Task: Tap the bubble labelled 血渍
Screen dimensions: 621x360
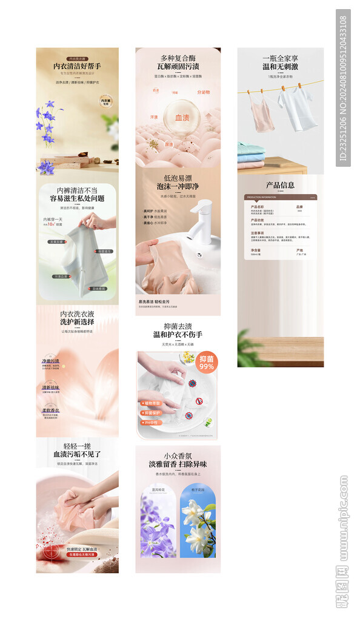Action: pos(182,118)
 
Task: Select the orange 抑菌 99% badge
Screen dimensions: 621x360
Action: pos(207,362)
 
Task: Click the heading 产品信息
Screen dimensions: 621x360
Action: pos(280,185)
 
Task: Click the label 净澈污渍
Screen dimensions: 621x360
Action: pos(50,361)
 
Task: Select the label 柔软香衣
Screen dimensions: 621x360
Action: pos(50,411)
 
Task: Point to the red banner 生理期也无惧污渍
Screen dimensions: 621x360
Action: pos(82,554)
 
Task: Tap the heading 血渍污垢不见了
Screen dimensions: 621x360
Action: pos(77,454)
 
